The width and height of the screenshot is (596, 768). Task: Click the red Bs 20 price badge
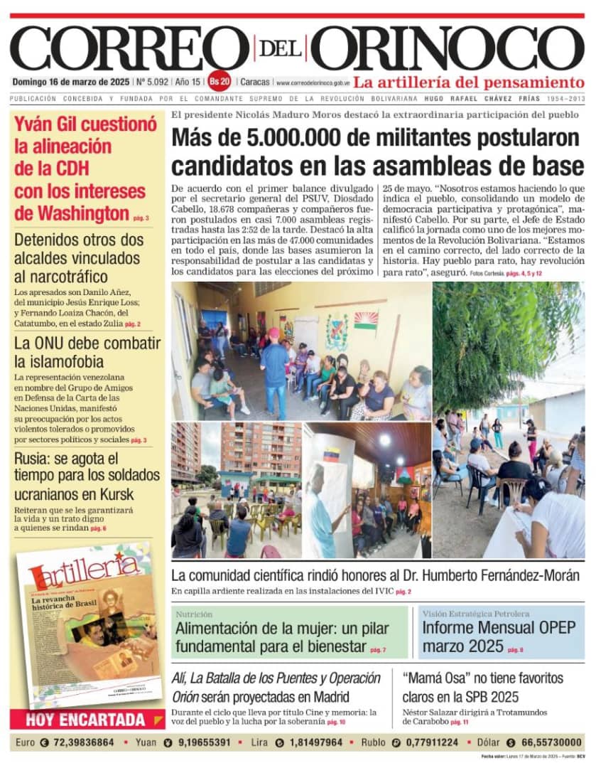(x=220, y=81)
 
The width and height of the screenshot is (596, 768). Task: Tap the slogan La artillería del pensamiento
(x=469, y=81)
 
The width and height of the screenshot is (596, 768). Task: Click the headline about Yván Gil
(x=85, y=169)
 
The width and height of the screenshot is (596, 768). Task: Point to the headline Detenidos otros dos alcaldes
(x=77, y=258)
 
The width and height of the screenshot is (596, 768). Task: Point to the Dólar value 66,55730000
(x=541, y=742)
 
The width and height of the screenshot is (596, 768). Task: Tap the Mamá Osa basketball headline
(x=482, y=686)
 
